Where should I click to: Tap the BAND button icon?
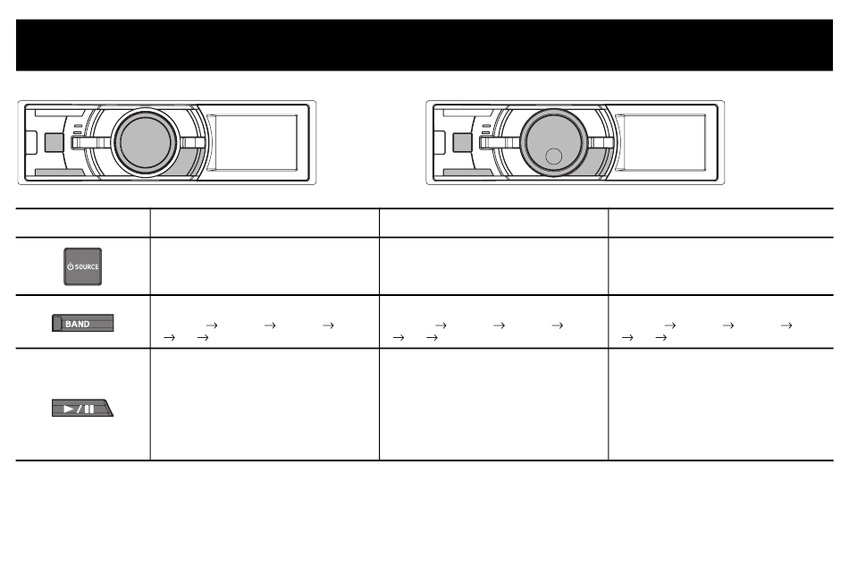coord(82,324)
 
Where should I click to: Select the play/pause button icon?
coord(83,409)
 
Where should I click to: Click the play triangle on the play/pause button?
coord(70,409)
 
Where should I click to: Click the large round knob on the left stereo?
coord(143,143)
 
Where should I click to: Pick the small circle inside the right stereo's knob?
coord(554,156)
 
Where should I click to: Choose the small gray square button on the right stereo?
coord(463,142)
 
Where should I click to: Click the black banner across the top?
coord(424,45)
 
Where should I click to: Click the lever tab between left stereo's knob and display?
coord(192,141)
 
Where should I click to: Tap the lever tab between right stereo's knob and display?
coord(601,141)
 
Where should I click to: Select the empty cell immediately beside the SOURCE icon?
coord(265,266)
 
